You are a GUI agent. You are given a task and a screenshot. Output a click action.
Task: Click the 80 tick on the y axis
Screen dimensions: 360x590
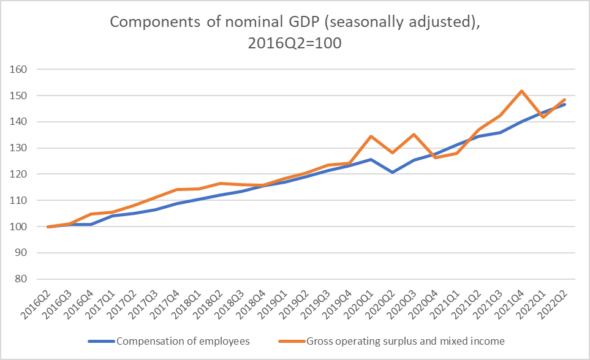23,279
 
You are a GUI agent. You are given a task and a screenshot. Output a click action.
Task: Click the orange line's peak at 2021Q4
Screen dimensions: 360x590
521,91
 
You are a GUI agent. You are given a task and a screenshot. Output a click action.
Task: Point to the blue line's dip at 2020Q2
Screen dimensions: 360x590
392,172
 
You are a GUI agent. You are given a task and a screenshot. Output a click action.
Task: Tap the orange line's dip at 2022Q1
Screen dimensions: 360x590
542,117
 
